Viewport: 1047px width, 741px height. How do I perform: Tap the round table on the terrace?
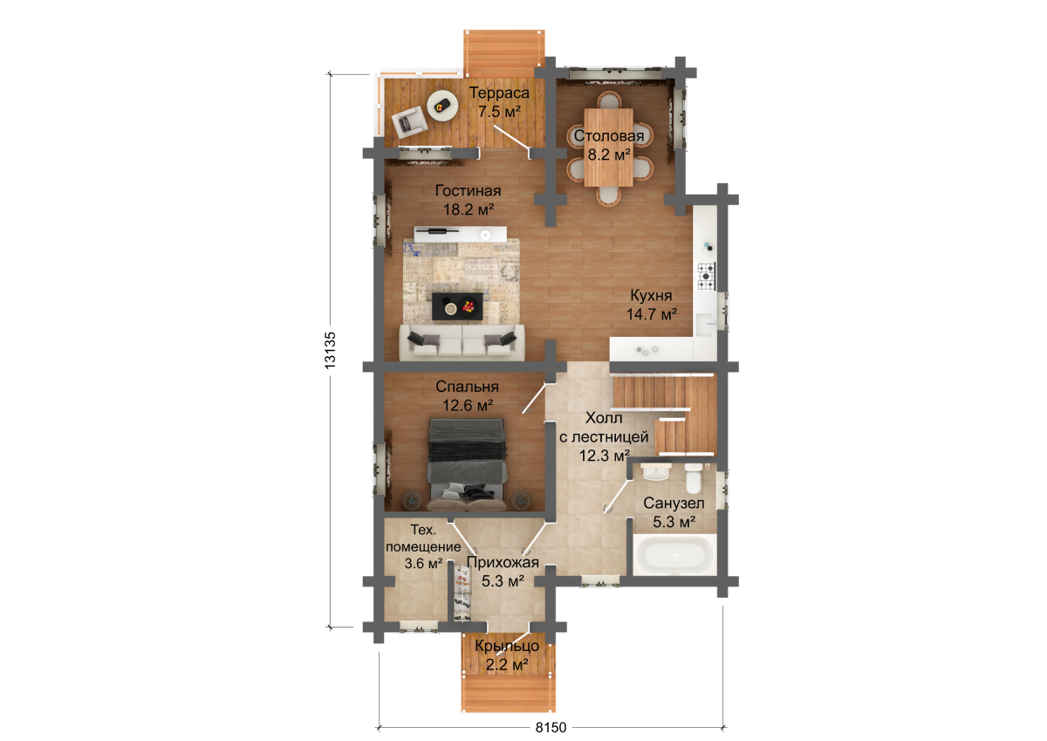coord(442,106)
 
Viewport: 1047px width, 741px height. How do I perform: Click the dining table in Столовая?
coord(609,148)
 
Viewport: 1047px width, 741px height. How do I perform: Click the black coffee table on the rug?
coord(457,306)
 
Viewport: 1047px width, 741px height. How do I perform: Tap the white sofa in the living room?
coord(462,343)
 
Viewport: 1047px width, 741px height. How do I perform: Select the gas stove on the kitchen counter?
coord(706,277)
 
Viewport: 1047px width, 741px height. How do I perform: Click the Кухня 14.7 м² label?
coord(651,305)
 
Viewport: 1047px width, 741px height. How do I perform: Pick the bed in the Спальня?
coord(468,464)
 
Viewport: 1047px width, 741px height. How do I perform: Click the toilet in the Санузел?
coord(692,477)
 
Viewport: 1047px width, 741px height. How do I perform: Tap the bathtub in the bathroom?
coord(674,555)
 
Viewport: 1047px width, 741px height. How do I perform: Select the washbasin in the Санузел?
coord(656,473)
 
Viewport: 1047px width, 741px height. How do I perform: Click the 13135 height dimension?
coord(330,350)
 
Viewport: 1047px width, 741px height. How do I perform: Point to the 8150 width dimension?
coord(551,727)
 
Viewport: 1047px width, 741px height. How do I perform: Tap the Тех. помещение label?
coord(423,546)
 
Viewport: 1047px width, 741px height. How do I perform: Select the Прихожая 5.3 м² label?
coord(503,572)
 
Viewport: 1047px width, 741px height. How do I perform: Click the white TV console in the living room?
coord(461,234)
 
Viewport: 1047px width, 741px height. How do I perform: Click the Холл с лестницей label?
coord(604,436)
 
